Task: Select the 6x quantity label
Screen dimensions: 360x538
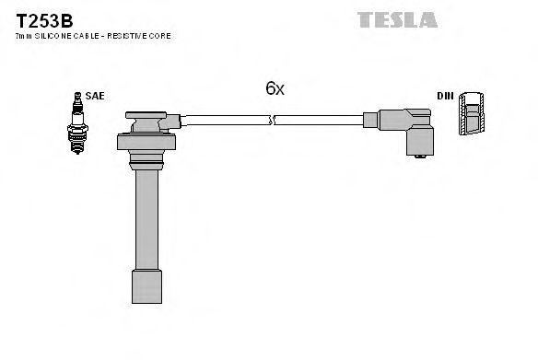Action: (x=275, y=88)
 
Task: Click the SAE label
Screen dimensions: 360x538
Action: (x=94, y=95)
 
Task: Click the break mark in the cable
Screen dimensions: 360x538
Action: (x=272, y=119)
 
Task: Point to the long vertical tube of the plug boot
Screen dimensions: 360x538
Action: (x=146, y=221)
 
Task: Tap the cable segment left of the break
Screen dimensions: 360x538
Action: (x=226, y=119)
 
